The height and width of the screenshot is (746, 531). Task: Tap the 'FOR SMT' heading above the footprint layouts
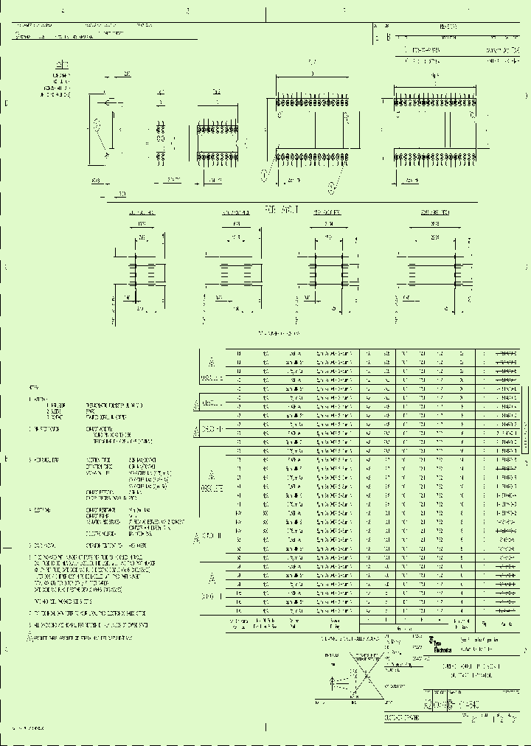coord(280,210)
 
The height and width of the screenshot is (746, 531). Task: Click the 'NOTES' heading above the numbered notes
coord(34,386)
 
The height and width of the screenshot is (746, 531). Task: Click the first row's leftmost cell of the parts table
coord(238,354)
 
